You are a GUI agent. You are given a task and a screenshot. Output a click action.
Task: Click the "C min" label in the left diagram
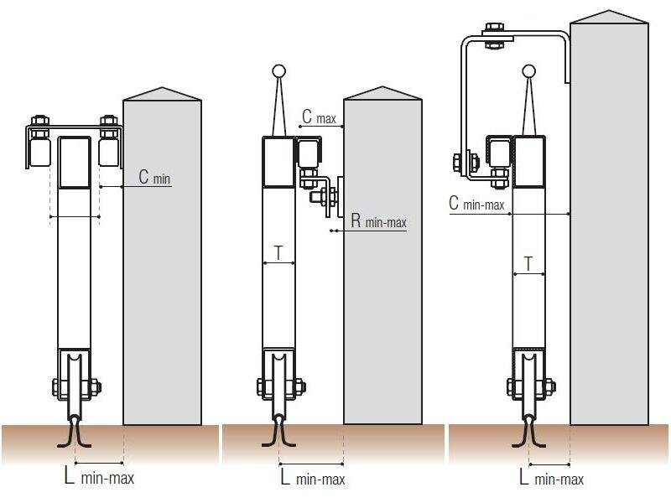pos(154,177)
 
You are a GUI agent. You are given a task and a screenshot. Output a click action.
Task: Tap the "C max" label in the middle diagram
pos(320,117)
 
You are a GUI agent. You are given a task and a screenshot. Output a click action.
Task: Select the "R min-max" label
pos(379,220)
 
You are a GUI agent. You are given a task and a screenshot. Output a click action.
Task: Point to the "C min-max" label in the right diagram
pos(476,203)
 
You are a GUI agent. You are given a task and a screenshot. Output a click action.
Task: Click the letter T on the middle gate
pos(278,253)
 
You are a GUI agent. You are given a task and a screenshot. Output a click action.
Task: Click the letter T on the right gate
pos(528,263)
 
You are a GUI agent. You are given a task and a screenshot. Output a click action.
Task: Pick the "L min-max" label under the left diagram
pos(99,476)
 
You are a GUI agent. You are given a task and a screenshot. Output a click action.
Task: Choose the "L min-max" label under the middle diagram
pos(313,478)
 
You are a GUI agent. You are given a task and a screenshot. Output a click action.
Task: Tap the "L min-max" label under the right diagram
pos(552,478)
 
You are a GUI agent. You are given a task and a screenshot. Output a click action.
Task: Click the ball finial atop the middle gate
pos(278,71)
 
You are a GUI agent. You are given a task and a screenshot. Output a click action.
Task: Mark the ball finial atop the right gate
pos(529,71)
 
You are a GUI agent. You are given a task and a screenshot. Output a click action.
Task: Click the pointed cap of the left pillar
pos(162,95)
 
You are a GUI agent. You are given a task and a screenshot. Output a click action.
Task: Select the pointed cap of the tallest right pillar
pos(610,18)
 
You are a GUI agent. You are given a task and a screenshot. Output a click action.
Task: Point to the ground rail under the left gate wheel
pos(74,433)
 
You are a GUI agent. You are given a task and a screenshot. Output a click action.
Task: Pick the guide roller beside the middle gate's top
pos(309,153)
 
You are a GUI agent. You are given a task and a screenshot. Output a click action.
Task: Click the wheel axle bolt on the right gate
pos(531,386)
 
